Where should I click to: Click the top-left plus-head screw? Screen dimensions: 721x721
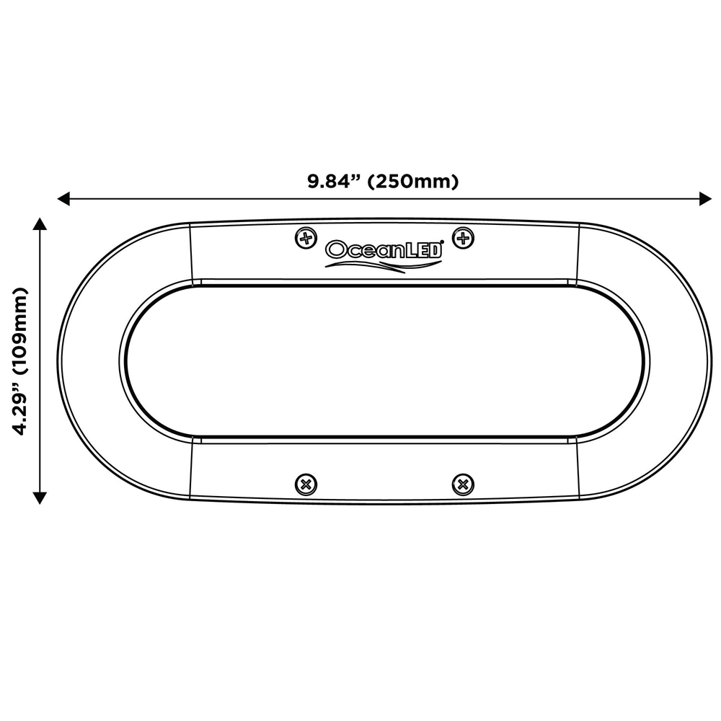click(x=306, y=238)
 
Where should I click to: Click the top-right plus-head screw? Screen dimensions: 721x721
click(x=464, y=238)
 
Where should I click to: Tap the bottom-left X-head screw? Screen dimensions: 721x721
click(x=306, y=485)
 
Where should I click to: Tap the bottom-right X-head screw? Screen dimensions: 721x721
click(x=463, y=485)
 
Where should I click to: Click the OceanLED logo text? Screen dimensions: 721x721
click(x=384, y=249)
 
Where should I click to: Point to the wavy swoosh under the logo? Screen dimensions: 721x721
click(x=383, y=266)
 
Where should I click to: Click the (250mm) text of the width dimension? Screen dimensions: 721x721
click(x=413, y=182)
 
